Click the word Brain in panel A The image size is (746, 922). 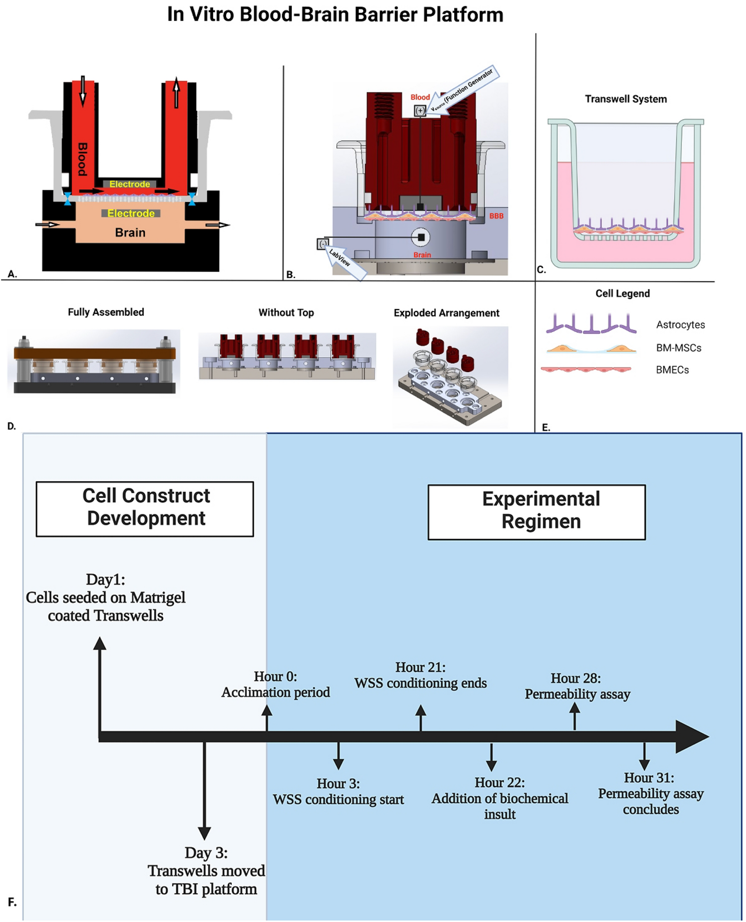(130, 233)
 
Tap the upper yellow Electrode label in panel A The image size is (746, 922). (129, 184)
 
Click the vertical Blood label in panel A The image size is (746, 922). (82, 159)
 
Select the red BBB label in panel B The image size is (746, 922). (496, 216)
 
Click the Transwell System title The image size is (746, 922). (626, 99)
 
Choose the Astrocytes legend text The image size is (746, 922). (680, 325)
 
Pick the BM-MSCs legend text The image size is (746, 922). (678, 348)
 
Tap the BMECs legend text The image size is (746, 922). (672, 370)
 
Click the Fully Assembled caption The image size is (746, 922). (106, 312)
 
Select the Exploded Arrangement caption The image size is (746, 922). (446, 313)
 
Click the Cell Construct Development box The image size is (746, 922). (145, 509)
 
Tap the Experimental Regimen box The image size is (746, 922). (536, 512)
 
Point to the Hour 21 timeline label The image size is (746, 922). (420, 675)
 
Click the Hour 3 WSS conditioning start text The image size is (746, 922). (338, 792)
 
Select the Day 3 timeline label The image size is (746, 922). (206, 871)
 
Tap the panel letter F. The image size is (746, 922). (12, 902)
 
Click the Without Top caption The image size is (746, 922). (286, 313)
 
